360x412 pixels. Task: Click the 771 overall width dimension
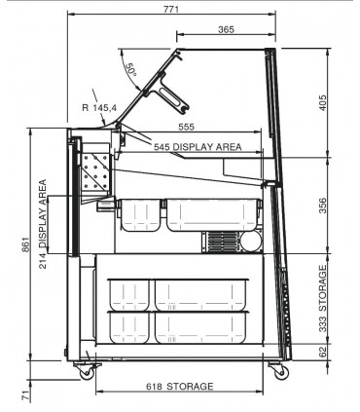coord(171,9)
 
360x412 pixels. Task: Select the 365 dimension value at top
coord(226,29)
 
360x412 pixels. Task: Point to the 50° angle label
coord(131,69)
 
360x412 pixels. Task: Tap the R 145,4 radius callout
coord(99,107)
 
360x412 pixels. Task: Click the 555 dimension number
coord(187,127)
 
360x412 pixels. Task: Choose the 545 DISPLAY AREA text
coord(198,147)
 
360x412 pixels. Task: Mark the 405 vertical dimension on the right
coord(323,102)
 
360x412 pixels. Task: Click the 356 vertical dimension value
coord(323,206)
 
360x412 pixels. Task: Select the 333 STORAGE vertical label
coord(322,299)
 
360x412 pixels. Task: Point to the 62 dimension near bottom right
coord(322,352)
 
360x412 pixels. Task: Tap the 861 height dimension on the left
coord(25,244)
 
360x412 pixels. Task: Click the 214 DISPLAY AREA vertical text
coord(43,224)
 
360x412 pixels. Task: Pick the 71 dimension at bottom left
coord(25,395)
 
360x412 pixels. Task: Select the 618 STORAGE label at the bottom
coord(180,387)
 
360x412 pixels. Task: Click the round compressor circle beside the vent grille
coord(250,241)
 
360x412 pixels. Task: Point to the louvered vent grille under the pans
coord(222,242)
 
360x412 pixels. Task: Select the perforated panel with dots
coord(95,171)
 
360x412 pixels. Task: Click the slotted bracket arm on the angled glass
coord(171,94)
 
